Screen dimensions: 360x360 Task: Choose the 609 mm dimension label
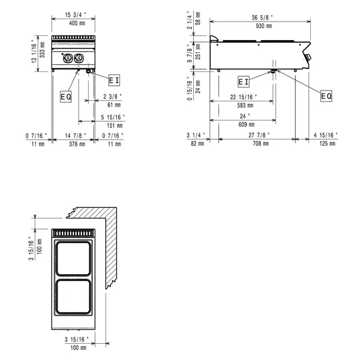coord(244,125)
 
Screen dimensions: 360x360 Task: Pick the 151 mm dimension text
coord(115,125)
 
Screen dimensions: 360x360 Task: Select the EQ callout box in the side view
coord(326,96)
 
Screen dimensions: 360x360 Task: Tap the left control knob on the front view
coord(67,58)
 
